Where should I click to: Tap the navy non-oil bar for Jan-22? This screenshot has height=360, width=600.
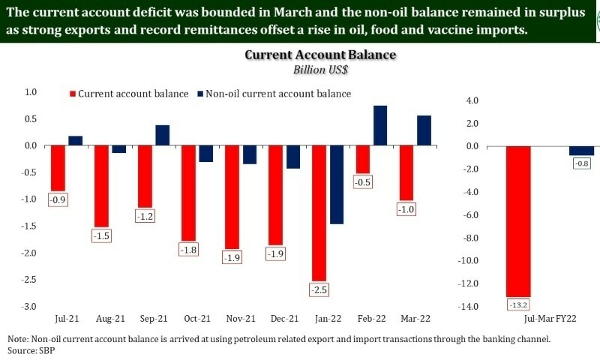coord(337,184)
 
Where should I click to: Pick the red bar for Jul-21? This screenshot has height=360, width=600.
coord(58,168)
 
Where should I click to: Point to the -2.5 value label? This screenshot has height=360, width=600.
coord(319,289)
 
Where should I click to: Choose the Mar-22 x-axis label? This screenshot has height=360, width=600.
coord(414,318)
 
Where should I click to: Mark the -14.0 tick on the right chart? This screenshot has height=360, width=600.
coord(468,307)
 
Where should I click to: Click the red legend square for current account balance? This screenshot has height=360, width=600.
coord(73,94)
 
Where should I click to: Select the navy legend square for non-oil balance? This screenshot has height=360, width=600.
coord(200,94)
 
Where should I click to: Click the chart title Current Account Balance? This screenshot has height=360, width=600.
coord(320,56)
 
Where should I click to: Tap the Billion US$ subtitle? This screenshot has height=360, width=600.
coord(320,70)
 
